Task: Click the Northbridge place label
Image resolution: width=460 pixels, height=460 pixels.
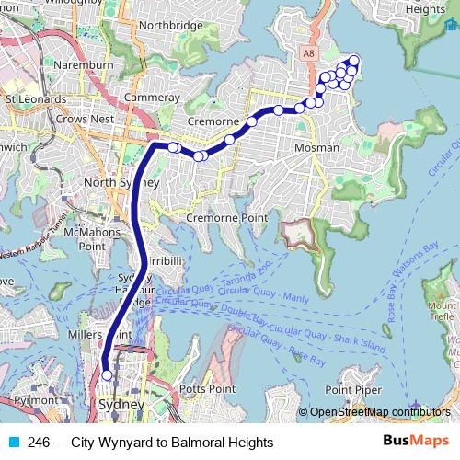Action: [x=171, y=26]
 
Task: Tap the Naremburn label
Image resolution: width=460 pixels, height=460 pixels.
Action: [x=82, y=66]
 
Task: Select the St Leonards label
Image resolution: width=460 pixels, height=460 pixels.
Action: [x=33, y=96]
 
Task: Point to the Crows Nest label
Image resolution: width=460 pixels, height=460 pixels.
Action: [x=84, y=119]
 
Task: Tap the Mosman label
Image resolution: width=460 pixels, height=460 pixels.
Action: [x=315, y=147]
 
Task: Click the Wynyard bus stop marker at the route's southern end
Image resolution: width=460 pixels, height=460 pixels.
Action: [x=107, y=375]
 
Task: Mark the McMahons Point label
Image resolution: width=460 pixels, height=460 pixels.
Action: [x=78, y=240]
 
